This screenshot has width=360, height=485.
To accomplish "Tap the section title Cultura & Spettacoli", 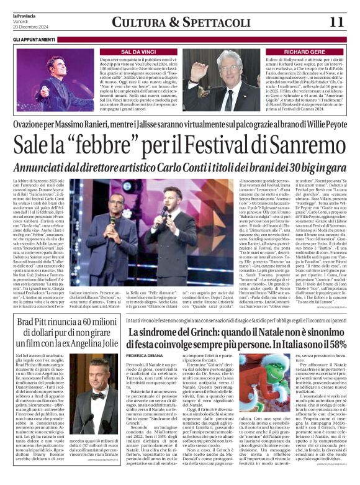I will click(x=179, y=22).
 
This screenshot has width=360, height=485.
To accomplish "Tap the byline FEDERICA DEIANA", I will click(x=146, y=356).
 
